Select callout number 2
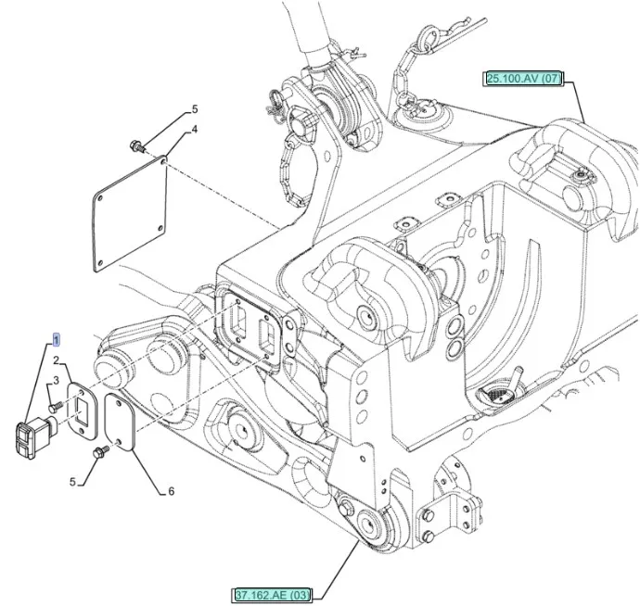pos(57,360)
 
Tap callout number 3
pos(55,380)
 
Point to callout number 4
pos(195,130)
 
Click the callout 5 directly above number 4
pos(195,109)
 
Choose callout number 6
pos(171,491)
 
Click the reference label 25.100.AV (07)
pos(523,78)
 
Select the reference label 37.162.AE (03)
pos(274,593)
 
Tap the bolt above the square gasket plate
pos(137,145)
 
